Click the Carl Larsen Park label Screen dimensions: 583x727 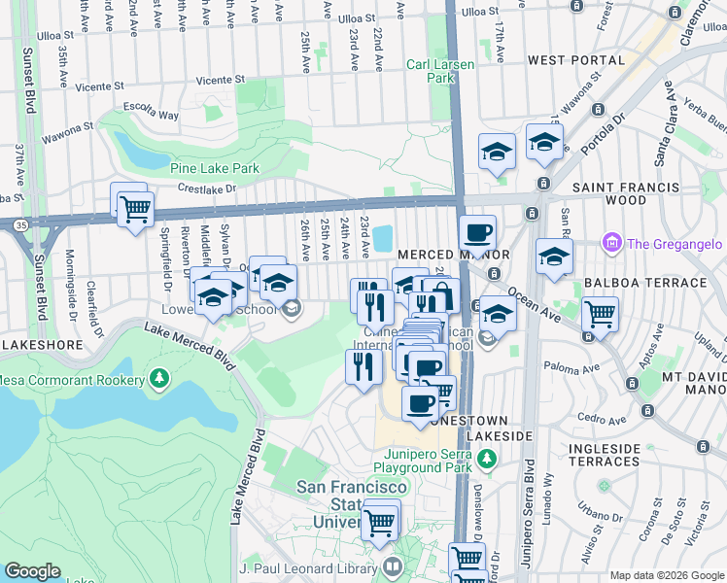(x=432, y=69)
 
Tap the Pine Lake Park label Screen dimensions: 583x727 (x=214, y=168)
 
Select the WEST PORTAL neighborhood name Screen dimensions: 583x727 (x=575, y=60)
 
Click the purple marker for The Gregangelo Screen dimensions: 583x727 (x=611, y=241)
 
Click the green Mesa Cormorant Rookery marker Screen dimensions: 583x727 (x=158, y=378)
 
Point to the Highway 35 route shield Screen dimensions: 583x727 (x=20, y=224)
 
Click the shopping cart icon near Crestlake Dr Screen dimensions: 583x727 (x=135, y=207)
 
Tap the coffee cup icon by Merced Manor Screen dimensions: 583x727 (x=477, y=234)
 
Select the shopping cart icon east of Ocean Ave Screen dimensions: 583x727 (x=600, y=315)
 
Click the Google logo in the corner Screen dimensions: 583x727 (x=33, y=570)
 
